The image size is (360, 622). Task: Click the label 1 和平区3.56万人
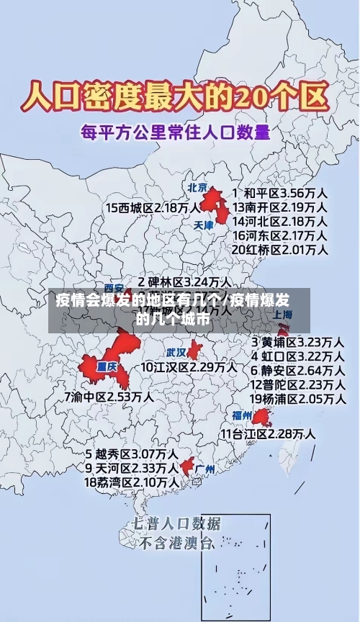281,193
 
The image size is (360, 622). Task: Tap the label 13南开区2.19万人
281,207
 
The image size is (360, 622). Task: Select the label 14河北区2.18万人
281,221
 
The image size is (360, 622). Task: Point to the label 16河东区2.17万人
281,235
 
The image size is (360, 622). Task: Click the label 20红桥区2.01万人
281,250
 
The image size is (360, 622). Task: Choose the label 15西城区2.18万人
153,207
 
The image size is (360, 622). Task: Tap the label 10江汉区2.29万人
189,367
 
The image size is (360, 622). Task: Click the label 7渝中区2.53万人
109,397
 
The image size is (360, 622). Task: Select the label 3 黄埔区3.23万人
297,341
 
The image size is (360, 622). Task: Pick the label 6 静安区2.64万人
297,370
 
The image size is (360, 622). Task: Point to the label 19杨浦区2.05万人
297,399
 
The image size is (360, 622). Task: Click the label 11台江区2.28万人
268,433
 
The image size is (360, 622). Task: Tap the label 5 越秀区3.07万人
132,454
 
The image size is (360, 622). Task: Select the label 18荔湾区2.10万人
132,482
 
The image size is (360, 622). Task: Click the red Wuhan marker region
194,350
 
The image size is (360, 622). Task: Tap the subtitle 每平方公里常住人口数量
176,132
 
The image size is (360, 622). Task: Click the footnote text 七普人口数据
177,523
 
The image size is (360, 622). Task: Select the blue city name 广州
206,469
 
